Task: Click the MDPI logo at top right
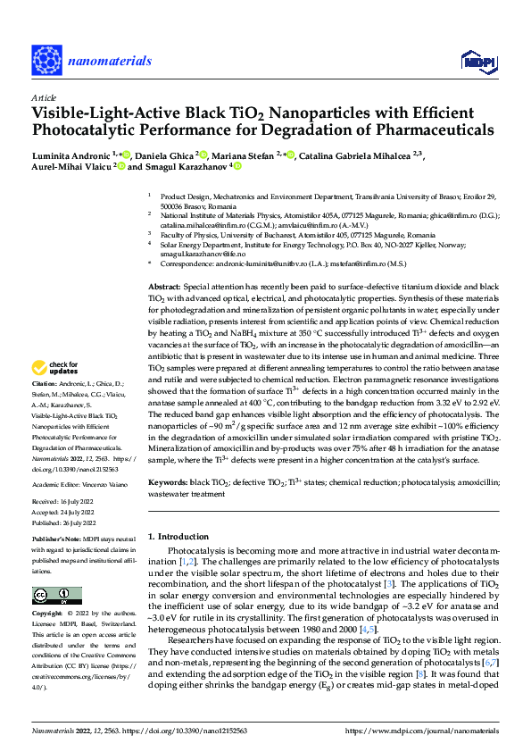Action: pyautogui.click(x=477, y=60)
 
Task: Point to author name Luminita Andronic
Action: pyautogui.click(x=68, y=155)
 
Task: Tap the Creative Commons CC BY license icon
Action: pyautogui.click(x=52, y=596)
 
